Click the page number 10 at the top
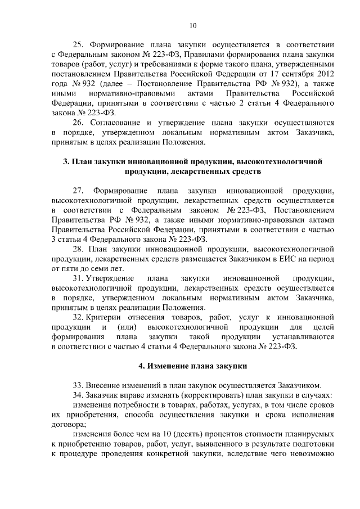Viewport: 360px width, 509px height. coord(193,25)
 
